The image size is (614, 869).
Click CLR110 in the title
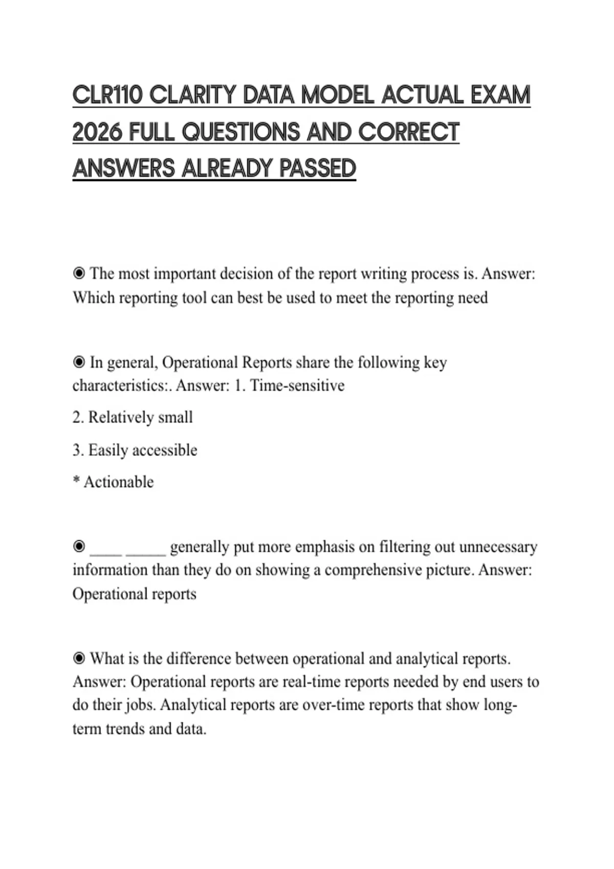[x=107, y=96]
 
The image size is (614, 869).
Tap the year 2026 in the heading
[x=97, y=132]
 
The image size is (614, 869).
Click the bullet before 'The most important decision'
[x=79, y=273]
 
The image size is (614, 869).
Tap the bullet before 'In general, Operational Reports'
[x=79, y=362]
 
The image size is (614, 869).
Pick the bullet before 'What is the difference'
[x=79, y=658]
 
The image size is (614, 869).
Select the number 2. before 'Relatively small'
[x=78, y=418]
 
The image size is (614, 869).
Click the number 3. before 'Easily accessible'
[x=78, y=450]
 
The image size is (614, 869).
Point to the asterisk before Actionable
[x=76, y=481]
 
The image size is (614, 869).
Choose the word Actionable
[x=118, y=482]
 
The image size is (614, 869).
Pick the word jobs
[x=141, y=705]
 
